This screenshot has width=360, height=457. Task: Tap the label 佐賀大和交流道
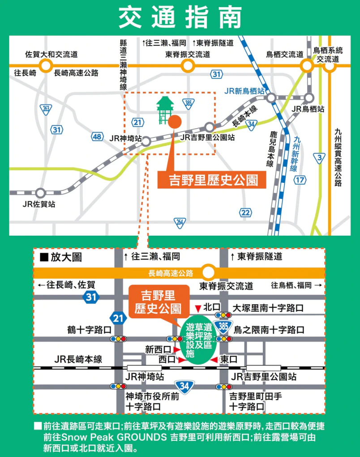51,54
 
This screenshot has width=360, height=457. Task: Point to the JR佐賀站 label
39,204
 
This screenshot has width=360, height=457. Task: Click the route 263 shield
46,109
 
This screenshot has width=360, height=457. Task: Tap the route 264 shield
180,223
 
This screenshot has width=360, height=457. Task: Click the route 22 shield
245,212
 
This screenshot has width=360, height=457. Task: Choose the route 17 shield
300,180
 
